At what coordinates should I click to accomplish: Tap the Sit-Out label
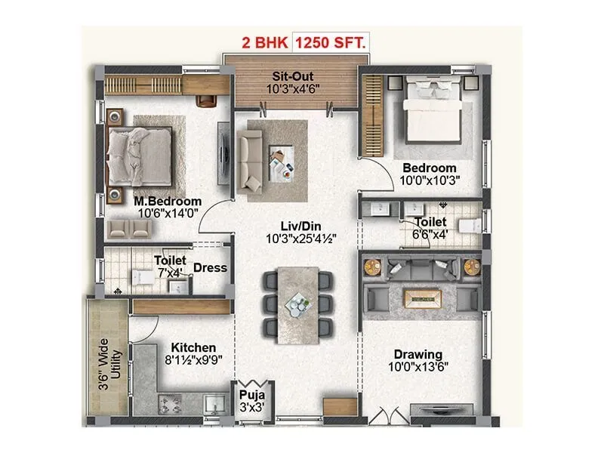294,76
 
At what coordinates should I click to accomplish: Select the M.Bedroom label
168,202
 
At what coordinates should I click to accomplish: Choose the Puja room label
248,394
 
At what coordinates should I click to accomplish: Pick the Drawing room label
418,354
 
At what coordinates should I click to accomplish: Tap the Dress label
210,267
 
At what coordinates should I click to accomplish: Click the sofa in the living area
250,159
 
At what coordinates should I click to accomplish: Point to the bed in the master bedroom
141,157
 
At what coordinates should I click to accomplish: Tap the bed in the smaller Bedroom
431,113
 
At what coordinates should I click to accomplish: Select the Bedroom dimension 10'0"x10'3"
429,180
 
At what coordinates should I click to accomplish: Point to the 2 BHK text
263,42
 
